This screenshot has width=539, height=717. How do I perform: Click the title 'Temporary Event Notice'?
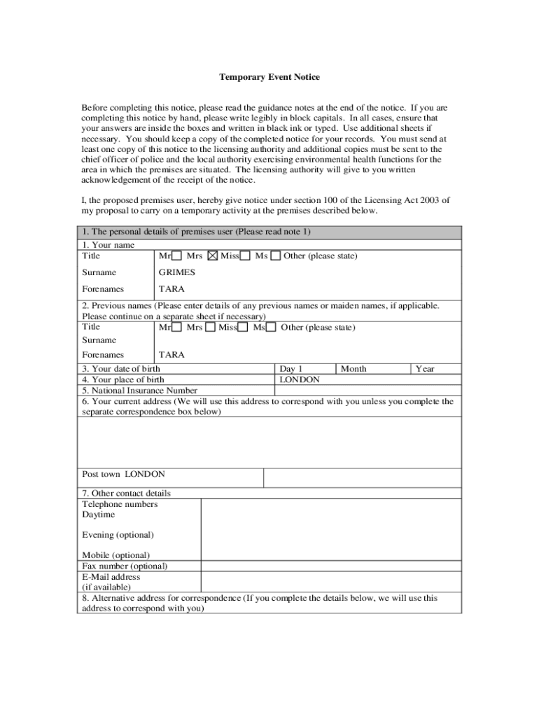[269, 77]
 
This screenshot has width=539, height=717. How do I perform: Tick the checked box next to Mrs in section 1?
[213, 256]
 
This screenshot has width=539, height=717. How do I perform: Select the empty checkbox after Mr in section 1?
[177, 256]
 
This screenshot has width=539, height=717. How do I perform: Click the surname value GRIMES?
[177, 272]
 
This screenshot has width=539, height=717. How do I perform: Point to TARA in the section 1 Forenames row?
[171, 288]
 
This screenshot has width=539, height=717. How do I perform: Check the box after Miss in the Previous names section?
[242, 328]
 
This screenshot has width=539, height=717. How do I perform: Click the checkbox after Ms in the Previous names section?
[271, 328]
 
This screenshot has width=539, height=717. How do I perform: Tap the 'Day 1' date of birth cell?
[291, 368]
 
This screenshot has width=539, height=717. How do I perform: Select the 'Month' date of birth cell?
[353, 368]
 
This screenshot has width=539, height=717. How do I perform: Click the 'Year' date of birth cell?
[425, 368]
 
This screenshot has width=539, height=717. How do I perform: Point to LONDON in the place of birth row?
[300, 380]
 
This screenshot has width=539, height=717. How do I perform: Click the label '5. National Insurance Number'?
[139, 391]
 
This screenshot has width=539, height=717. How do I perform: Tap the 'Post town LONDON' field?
[123, 474]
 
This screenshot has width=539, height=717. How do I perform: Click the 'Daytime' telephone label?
[99, 515]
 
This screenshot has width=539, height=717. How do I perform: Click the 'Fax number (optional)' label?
[125, 566]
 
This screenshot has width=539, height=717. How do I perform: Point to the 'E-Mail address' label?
[111, 577]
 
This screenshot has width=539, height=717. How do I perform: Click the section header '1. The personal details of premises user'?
[196, 232]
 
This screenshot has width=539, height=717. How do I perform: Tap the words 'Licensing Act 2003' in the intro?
[388, 200]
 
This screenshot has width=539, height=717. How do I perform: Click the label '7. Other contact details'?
[126, 493]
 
